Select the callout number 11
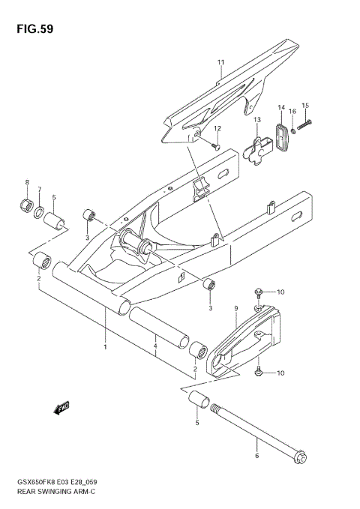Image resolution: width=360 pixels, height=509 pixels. [x=221, y=61]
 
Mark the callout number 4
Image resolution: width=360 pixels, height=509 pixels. [x=155, y=346]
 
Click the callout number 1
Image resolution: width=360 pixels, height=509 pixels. [x=105, y=346]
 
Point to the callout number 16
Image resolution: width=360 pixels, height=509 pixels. [x=292, y=112]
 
